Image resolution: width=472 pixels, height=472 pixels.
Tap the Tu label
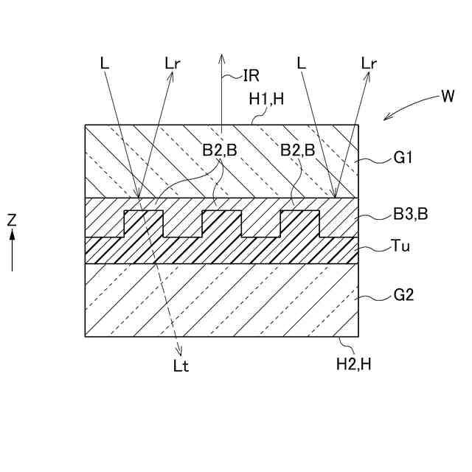[x=402, y=247]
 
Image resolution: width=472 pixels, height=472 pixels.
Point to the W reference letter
[x=447, y=96]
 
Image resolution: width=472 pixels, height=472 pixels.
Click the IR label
[x=252, y=74]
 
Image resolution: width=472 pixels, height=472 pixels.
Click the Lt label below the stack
[x=181, y=367]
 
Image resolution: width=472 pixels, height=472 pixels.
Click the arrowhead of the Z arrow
[x=12, y=234]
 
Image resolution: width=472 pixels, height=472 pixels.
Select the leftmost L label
[x=104, y=63]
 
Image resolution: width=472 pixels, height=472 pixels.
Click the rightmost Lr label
[x=369, y=63]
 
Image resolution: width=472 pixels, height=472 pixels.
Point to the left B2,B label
[x=221, y=150]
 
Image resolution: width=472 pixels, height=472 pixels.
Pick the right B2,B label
[x=297, y=150]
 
